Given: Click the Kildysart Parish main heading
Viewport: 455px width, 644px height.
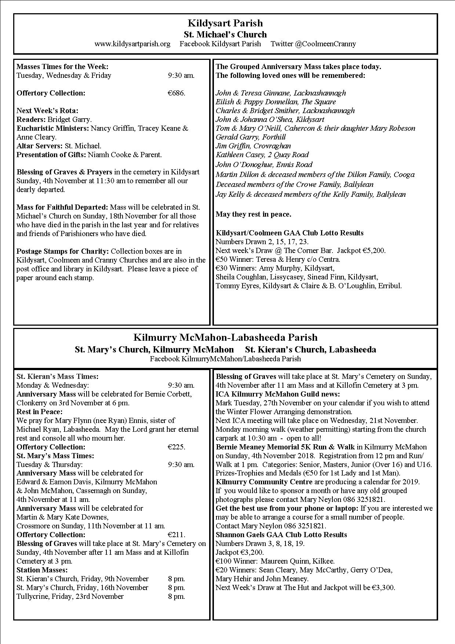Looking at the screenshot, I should point(225,23).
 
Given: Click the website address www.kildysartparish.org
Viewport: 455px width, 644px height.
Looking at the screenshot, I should point(132,44).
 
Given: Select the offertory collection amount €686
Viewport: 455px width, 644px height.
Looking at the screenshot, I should point(176,93).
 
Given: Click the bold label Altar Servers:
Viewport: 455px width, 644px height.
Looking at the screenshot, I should point(40,146).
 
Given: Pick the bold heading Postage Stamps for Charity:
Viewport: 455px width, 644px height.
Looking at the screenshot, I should point(63,251).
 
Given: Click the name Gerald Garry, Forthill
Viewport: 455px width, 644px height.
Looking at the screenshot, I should point(251,137).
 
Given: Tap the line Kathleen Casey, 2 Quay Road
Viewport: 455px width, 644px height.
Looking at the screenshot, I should point(262,155).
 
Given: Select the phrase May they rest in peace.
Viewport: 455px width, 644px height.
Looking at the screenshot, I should point(254,214).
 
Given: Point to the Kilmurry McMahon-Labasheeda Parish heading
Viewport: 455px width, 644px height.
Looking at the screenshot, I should point(225,337).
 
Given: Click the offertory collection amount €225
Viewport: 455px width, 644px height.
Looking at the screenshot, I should point(176,447).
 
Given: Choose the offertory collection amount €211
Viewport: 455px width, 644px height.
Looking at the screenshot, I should point(176,535).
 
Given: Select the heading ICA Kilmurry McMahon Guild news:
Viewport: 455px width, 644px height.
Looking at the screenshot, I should point(278,394).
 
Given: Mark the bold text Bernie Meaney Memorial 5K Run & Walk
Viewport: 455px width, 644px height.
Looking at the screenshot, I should point(285,447).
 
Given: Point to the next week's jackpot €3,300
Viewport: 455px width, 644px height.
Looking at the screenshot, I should point(383,587).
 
